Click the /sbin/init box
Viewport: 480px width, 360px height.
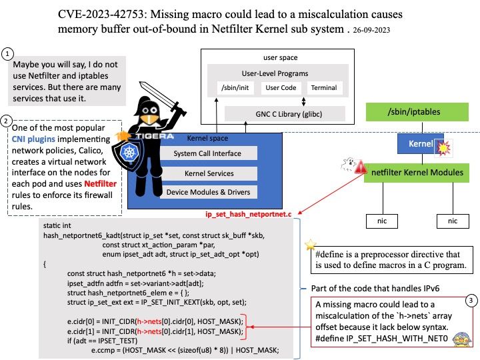point(235,88)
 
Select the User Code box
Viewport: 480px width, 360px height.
point(281,88)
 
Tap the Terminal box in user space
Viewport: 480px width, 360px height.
point(324,88)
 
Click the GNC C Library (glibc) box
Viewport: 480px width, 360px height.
point(285,114)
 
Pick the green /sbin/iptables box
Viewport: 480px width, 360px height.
point(417,112)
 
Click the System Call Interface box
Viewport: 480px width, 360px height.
point(207,153)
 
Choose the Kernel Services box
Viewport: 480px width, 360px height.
point(209,173)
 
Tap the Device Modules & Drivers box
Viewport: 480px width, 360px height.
point(208,192)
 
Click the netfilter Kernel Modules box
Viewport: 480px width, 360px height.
point(417,173)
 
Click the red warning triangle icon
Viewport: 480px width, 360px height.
point(361,167)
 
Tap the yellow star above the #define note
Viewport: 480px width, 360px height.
point(311,245)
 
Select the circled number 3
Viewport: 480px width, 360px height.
point(471,301)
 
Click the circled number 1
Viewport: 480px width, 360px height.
point(7,54)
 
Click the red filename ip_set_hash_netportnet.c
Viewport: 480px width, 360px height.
point(248,214)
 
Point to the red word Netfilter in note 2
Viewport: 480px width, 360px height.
point(101,184)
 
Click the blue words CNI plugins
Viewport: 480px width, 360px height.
point(33,139)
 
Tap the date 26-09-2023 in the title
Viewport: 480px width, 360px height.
point(371,30)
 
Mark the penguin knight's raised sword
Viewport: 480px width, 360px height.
point(162,98)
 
